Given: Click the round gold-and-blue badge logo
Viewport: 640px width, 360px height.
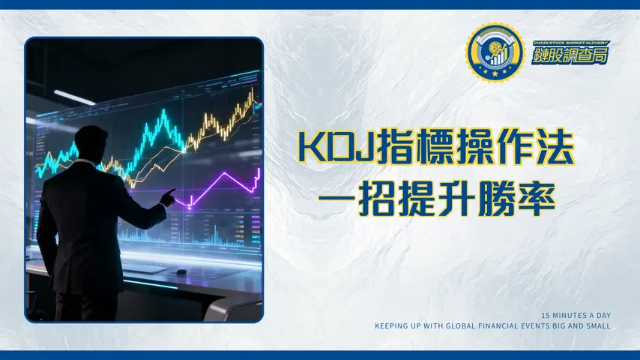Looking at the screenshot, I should (x=493, y=52).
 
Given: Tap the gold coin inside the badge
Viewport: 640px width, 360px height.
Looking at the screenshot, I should (x=493, y=50).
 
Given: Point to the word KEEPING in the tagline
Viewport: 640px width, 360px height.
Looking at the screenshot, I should (x=392, y=325).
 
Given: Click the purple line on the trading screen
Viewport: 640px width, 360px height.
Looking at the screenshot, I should (x=225, y=184).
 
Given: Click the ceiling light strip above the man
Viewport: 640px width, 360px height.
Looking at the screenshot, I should (x=75, y=97).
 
